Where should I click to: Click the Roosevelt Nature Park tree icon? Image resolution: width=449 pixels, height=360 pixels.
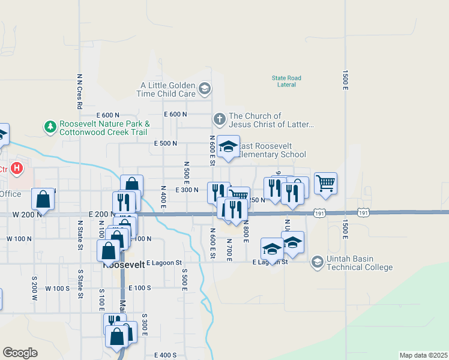pos(50,127)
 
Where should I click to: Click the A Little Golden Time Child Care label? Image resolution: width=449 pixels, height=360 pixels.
pos(168,90)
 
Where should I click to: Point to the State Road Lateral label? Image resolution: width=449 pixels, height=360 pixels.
pos(286,81)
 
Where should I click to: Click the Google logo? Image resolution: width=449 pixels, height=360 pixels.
pos(20,353)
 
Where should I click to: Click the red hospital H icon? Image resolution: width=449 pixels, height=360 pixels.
pos(17,169)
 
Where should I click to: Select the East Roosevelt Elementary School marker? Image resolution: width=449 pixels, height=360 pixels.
pos(228,147)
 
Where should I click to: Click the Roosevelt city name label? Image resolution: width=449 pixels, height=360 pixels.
pos(124,264)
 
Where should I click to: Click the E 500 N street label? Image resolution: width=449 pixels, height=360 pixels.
pos(166,143)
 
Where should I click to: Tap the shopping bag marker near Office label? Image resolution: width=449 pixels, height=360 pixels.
pos(43,199)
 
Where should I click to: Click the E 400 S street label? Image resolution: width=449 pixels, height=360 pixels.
pos(166,355)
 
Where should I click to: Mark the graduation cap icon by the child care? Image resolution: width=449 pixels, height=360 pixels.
pos(205,90)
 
